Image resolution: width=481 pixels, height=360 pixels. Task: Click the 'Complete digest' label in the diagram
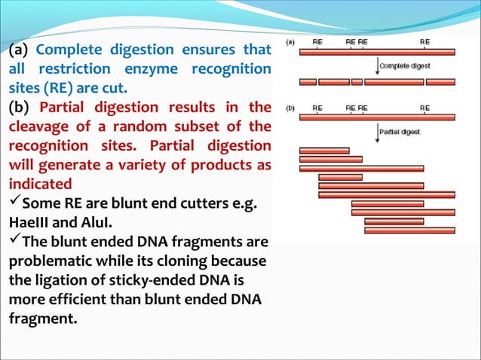(405, 66)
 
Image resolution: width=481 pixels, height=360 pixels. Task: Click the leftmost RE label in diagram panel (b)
(317, 108)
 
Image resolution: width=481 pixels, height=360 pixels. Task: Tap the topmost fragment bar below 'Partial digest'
(324, 151)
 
